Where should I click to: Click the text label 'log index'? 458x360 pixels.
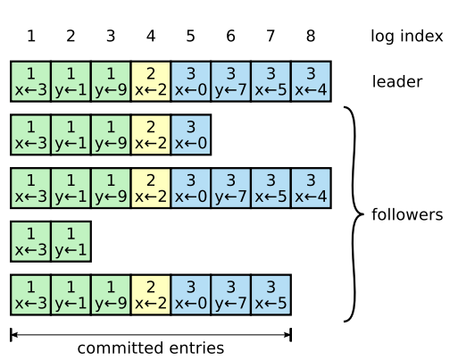pos(406,37)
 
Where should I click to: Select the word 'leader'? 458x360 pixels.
pos(396,82)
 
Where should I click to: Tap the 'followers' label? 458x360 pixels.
pos(407,215)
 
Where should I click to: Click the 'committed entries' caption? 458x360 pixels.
pos(150,347)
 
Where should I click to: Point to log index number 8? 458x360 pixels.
pos(311,37)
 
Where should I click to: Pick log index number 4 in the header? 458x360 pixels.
pos(150,37)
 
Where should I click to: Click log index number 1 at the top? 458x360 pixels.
pos(30,37)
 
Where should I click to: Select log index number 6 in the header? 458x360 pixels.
pos(230,37)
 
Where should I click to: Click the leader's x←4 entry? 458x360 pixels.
pos(311,81)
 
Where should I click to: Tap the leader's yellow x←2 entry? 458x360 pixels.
pos(150,81)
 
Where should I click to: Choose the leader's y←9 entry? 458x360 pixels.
pos(111,81)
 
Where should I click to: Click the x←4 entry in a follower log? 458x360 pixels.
pos(311,188)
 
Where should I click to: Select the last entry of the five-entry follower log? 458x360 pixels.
pos(190,135)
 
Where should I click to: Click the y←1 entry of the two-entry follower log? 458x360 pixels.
pos(71,242)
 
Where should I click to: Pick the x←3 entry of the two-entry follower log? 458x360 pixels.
pos(30,242)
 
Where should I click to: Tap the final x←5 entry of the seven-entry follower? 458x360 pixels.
pos(271,296)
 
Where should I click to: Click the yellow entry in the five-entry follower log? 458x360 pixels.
pos(150,135)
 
